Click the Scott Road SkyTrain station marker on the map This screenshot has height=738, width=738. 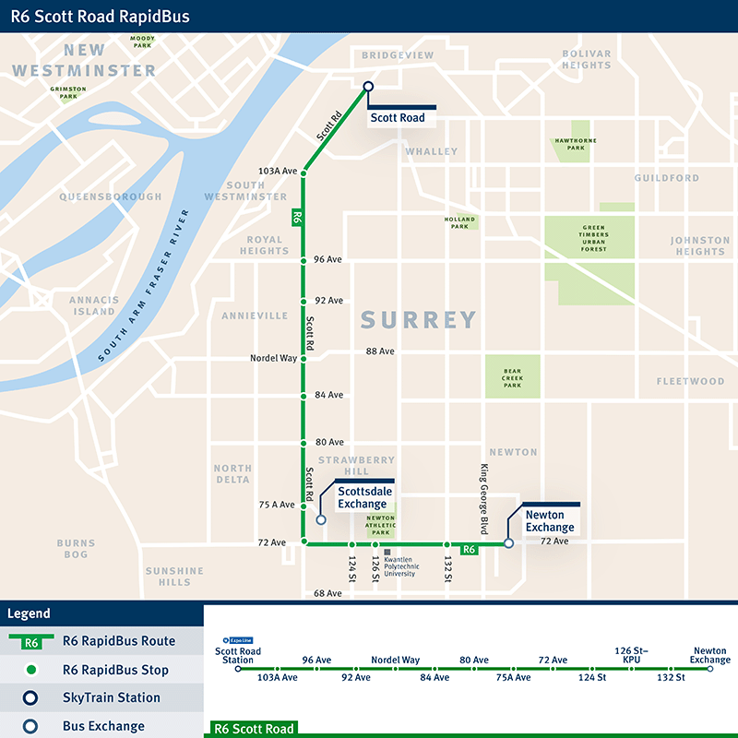[x=368, y=87]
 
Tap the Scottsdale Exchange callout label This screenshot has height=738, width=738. [x=363, y=498]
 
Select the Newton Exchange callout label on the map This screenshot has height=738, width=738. [x=550, y=521]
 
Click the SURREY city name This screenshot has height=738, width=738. [x=419, y=320]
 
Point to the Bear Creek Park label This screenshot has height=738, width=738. [x=512, y=378]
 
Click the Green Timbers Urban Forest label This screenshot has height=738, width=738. [x=594, y=238]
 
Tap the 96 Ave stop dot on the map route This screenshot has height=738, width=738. [x=304, y=260]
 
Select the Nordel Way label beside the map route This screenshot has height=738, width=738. [x=273, y=358]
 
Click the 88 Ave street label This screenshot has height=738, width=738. [x=380, y=351]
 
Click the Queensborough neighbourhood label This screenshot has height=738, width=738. [x=111, y=196]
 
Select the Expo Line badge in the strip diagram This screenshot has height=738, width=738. [x=238, y=638]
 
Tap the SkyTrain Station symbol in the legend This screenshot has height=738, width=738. [x=30, y=698]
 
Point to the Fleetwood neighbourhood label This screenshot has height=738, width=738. [x=690, y=381]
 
